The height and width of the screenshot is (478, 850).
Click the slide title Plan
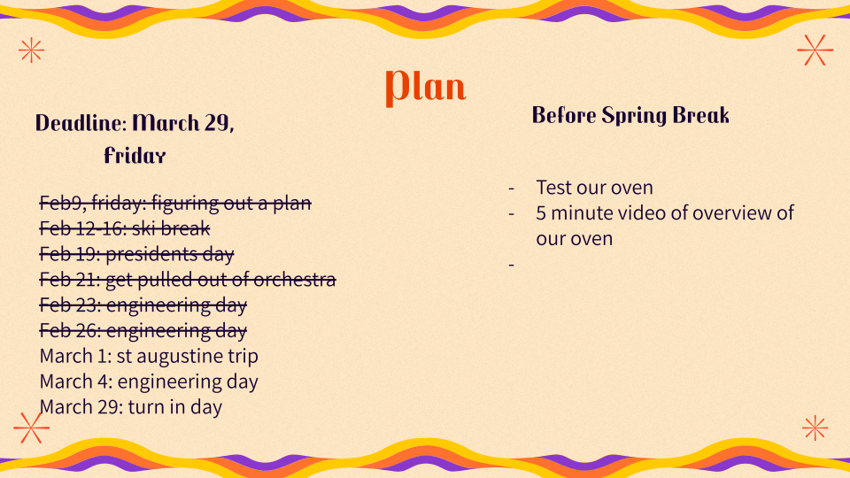426,87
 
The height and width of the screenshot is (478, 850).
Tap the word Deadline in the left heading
81,123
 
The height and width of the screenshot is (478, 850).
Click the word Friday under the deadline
135,156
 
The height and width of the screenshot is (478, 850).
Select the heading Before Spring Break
630,115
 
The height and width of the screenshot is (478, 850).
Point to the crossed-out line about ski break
125,228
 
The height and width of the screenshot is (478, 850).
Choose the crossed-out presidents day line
136,254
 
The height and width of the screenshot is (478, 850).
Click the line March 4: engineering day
149,382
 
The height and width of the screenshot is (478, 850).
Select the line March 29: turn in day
131,407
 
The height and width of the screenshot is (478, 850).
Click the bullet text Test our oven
595,188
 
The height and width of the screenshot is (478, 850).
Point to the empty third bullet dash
511,265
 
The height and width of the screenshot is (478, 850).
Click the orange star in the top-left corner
31,50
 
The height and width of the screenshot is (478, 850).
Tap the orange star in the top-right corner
815,50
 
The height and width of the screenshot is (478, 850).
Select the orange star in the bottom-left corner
31,428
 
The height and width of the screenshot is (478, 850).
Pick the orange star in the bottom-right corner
815,428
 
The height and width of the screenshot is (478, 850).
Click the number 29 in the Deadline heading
217,124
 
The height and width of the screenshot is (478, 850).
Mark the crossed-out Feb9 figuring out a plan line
175,203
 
